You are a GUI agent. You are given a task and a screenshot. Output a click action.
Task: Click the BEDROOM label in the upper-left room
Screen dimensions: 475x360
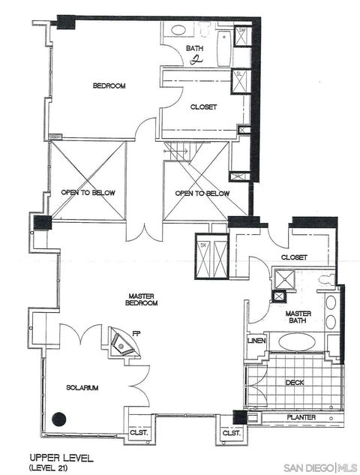(x=109, y=86)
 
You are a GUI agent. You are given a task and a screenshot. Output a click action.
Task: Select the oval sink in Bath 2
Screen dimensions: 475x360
(x=178, y=32)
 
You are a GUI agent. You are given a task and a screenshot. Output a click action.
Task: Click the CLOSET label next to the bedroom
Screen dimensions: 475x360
(x=203, y=107)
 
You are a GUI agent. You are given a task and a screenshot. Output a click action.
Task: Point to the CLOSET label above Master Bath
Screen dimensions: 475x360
(x=294, y=257)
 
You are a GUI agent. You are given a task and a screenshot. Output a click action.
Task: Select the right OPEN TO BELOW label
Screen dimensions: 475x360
(x=202, y=194)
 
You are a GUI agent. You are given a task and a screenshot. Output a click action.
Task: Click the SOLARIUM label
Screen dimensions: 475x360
(x=82, y=387)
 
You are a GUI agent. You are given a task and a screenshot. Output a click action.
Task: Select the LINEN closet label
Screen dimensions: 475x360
(x=255, y=341)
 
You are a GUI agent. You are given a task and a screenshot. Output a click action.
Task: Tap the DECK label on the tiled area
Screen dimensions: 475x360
(x=294, y=381)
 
